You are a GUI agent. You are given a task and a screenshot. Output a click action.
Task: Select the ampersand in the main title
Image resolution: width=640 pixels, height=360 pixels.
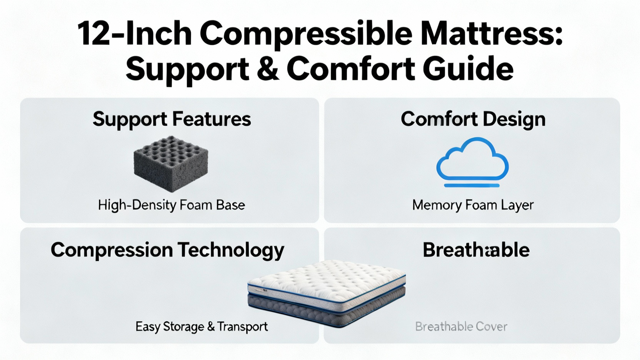pyautogui.click(x=268, y=69)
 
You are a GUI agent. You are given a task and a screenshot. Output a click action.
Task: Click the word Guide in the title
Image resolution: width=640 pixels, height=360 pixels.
pyautogui.click(x=468, y=68)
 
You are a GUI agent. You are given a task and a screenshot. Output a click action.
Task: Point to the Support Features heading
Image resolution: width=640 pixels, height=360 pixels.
pyautogui.click(x=172, y=120)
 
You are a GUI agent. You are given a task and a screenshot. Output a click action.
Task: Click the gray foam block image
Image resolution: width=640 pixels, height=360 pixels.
pyautogui.click(x=171, y=164)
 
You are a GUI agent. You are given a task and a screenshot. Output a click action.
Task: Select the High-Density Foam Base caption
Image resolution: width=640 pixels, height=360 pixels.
pyautogui.click(x=172, y=205)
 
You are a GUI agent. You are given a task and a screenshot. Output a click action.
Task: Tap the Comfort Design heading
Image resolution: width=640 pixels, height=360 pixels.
pyautogui.click(x=473, y=120)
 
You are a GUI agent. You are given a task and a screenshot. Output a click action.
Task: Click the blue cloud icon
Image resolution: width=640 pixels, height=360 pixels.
pyautogui.click(x=472, y=158)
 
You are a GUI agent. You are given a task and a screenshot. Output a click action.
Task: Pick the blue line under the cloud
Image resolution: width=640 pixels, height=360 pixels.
pyautogui.click(x=472, y=186)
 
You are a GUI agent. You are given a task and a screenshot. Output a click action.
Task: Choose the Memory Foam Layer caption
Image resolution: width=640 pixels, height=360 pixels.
pyautogui.click(x=473, y=205)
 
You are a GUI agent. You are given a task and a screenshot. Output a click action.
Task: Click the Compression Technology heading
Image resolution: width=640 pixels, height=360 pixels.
pyautogui.click(x=168, y=250)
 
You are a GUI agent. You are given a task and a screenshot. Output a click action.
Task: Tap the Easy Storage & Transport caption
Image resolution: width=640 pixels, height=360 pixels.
pyautogui.click(x=202, y=326)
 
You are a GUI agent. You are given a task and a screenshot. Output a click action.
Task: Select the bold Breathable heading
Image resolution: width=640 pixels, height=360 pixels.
pyautogui.click(x=476, y=250)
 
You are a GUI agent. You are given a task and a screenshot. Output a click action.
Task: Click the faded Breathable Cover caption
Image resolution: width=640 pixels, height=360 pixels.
pyautogui.click(x=461, y=326)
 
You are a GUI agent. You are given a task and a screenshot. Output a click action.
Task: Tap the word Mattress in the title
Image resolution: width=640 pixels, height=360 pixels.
pyautogui.click(x=487, y=33)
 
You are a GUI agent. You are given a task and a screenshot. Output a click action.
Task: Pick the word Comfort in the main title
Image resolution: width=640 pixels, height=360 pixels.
pyautogui.click(x=350, y=68)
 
